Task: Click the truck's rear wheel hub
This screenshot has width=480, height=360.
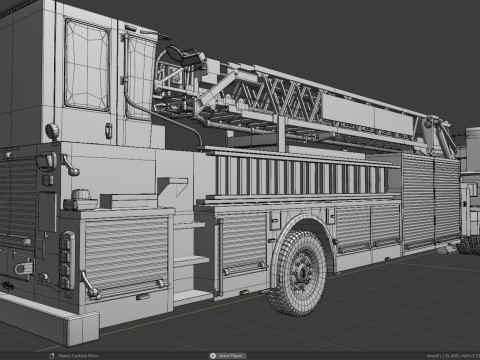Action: [x=299, y=273]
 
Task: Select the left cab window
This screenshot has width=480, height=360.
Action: [x=87, y=65]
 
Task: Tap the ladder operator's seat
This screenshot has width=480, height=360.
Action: [x=180, y=56]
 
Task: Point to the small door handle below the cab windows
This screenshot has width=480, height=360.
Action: [x=109, y=128]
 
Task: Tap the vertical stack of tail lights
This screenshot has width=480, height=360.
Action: [x=66, y=260]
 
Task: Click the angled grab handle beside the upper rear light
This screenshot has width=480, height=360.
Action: [x=70, y=162]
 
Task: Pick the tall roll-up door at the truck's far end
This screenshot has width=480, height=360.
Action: [x=418, y=203]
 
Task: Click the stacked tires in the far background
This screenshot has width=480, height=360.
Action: [x=468, y=244]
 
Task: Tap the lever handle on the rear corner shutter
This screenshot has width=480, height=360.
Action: [x=89, y=287]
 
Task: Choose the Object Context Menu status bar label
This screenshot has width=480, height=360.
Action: [x=77, y=355]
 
